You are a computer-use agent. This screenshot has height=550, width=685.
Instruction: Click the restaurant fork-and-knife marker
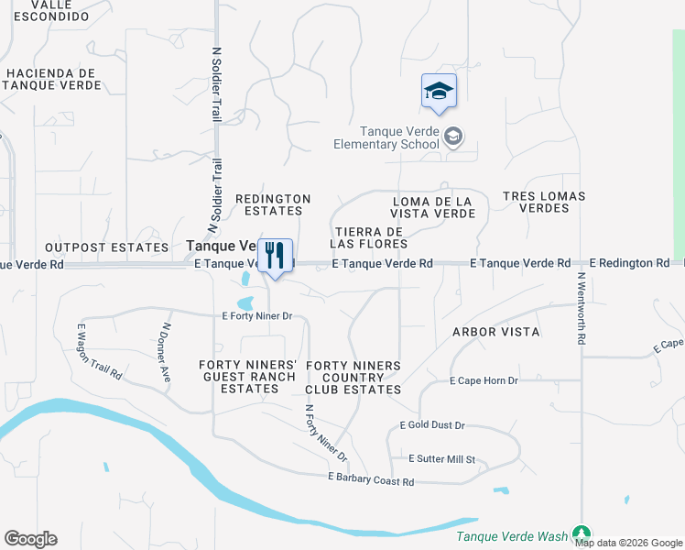(x=275, y=256)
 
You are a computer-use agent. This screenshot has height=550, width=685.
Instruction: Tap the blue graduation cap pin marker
(x=440, y=91)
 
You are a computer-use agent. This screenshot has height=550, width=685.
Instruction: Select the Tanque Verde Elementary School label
(x=386, y=137)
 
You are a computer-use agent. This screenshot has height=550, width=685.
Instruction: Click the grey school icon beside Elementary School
(x=452, y=137)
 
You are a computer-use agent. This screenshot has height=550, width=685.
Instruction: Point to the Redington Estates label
(x=273, y=205)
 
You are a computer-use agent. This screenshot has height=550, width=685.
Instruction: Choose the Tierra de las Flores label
(x=370, y=237)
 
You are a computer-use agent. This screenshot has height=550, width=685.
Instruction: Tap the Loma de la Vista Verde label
(x=433, y=207)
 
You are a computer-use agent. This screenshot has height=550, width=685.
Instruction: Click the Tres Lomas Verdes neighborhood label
(x=544, y=202)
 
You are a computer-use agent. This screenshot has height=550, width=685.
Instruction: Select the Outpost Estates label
(x=106, y=247)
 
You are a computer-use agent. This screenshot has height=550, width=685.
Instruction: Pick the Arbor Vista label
(x=495, y=331)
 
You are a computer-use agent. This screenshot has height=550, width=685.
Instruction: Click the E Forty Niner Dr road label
(x=257, y=316)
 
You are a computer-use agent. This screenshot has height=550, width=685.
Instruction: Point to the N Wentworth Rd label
(x=581, y=307)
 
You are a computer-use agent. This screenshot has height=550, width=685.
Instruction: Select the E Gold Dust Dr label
(x=433, y=425)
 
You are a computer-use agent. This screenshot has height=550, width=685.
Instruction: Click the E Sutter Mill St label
(x=442, y=458)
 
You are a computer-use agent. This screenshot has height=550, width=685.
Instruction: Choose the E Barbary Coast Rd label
(x=371, y=481)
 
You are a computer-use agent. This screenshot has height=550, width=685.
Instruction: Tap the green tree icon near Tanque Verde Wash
(x=581, y=533)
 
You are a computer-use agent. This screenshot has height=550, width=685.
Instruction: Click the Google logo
(x=30, y=539)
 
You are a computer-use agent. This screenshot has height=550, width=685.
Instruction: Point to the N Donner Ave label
(x=166, y=351)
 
